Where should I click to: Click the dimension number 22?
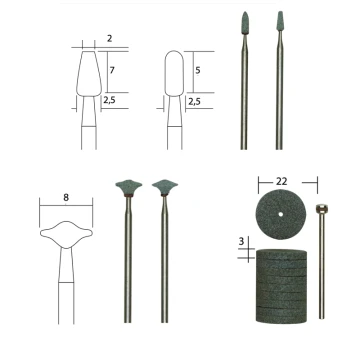(x=281, y=181)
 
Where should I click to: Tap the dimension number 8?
(x=66, y=197)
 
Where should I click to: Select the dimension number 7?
(x=112, y=70)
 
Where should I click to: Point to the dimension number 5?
(x=198, y=70)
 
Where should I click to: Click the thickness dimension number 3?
(x=241, y=242)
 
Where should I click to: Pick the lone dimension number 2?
(x=109, y=39)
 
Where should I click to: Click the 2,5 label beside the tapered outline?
(x=109, y=100)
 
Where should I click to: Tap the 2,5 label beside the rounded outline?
(x=195, y=101)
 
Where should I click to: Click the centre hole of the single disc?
(x=281, y=214)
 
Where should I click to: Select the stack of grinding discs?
(x=281, y=286)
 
